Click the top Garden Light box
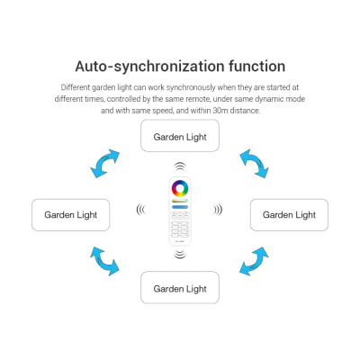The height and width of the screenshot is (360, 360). pyautogui.click(x=180, y=136)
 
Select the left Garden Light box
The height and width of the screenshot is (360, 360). pyautogui.click(x=71, y=215)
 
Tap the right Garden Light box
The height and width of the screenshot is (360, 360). pyautogui.click(x=289, y=215)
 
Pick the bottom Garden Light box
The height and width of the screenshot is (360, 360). pyautogui.click(x=180, y=287)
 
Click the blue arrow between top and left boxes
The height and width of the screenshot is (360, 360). pyautogui.click(x=103, y=164)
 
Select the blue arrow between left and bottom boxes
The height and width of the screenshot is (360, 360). pyautogui.click(x=103, y=262)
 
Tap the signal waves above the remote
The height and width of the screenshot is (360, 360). pyautogui.click(x=180, y=166)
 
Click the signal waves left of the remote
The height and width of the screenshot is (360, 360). pyautogui.click(x=140, y=210)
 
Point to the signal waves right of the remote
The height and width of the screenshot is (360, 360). pyautogui.click(x=218, y=210)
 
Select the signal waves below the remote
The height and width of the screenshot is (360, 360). pyautogui.click(x=180, y=255)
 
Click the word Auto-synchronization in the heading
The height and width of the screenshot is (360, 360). pyautogui.click(x=149, y=67)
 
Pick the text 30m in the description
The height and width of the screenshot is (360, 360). pyautogui.click(x=220, y=111)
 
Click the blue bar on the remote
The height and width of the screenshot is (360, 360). pyautogui.click(x=180, y=207)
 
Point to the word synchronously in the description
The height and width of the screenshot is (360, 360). pyautogui.click(x=191, y=87)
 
